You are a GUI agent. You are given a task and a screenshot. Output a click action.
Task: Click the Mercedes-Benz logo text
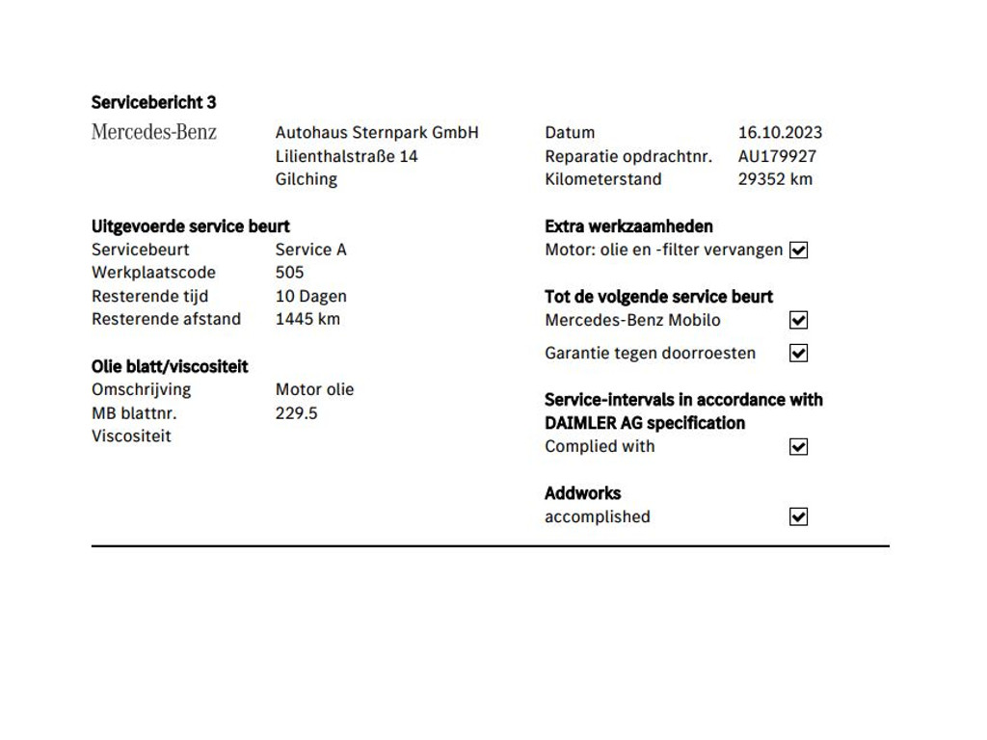[x=154, y=132]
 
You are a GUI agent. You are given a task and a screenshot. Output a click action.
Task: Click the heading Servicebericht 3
[x=154, y=102]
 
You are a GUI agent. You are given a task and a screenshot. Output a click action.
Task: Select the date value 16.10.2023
[x=780, y=133]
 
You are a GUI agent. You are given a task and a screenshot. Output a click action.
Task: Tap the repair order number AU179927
[x=777, y=156]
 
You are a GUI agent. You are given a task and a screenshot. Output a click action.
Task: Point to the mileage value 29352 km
[x=775, y=179]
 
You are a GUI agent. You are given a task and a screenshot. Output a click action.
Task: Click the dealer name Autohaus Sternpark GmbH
[x=377, y=133]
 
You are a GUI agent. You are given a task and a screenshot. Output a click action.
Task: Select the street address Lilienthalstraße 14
[x=347, y=156]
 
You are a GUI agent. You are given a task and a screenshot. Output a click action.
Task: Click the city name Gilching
[x=307, y=179]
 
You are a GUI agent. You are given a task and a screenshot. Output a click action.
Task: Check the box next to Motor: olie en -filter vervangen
[x=798, y=251]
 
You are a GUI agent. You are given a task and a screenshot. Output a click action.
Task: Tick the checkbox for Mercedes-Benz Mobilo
[x=798, y=321]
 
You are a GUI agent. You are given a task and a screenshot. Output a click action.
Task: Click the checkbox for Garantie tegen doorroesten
[x=798, y=354]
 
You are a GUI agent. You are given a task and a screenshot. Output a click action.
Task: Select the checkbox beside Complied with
[x=798, y=447]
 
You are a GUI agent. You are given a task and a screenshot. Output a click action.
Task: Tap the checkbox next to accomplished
[x=798, y=517]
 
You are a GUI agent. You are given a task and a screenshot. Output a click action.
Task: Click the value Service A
[x=310, y=250]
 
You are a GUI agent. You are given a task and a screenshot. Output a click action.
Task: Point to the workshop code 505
[x=289, y=273]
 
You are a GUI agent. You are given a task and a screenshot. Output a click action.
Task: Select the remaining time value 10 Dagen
[x=310, y=297]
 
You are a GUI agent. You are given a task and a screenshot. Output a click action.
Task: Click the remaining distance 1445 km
[x=307, y=319]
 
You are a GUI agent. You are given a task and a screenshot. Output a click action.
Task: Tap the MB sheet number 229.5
[x=296, y=413]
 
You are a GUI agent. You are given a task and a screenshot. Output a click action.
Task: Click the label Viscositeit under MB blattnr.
[x=131, y=436]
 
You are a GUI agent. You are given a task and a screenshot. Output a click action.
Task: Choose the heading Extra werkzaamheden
[x=628, y=226]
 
